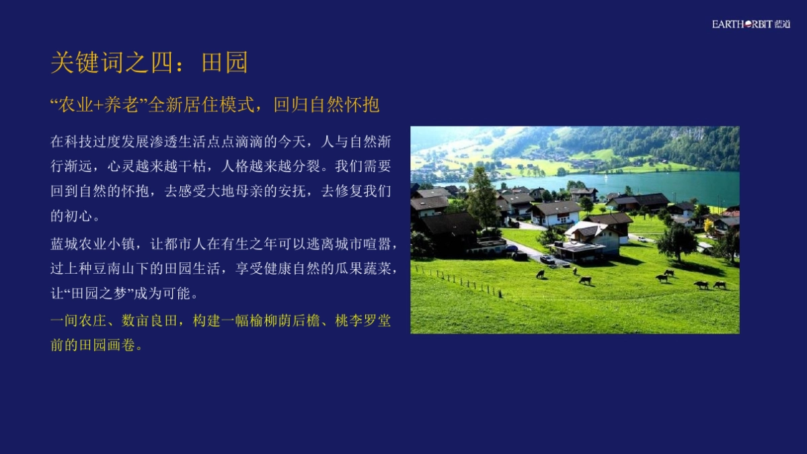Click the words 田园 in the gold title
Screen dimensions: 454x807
[x=225, y=63]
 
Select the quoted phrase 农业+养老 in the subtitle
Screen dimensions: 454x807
[x=98, y=105]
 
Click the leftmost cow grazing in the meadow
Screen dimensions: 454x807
[x=540, y=274]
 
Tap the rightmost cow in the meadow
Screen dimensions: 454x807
[x=719, y=285]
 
